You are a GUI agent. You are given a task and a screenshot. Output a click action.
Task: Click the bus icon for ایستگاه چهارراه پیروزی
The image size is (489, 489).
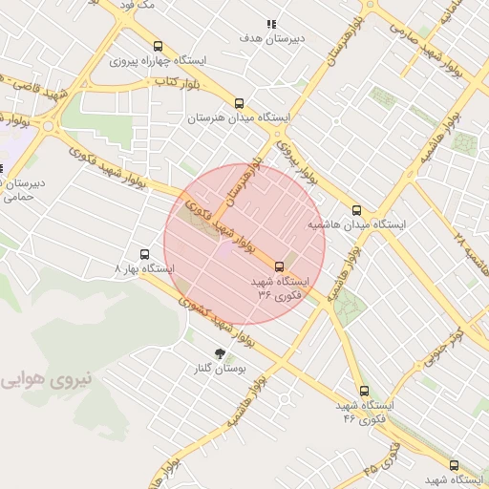(x=158, y=46)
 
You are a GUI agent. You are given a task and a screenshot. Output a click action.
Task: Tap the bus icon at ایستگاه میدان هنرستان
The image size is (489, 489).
(x=238, y=104)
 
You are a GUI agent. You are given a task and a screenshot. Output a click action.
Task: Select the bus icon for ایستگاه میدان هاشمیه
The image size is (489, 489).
(x=356, y=210)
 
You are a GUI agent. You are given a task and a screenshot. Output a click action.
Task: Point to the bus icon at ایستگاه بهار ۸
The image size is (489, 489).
(x=144, y=255)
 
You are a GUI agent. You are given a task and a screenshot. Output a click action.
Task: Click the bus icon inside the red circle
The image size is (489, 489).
(x=279, y=266)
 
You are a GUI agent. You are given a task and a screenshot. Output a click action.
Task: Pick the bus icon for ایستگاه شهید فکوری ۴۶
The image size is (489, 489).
(x=363, y=391)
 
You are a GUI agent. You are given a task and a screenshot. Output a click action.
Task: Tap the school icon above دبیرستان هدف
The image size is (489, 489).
(x=271, y=24)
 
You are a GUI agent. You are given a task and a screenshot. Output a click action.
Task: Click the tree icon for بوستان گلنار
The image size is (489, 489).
(x=221, y=353)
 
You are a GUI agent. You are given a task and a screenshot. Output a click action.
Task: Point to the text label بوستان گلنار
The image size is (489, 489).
(x=221, y=368)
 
